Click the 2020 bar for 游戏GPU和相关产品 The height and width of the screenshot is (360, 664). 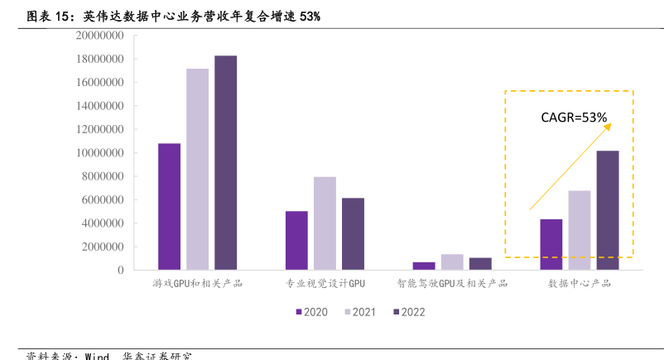click(169, 206)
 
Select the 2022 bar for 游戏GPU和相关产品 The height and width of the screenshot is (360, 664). click(225, 162)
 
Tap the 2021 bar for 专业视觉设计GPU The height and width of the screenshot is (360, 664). click(325, 223)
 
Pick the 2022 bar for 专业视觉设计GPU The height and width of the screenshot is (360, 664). click(353, 233)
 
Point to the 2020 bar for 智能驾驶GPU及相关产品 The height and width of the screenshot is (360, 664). click(424, 266)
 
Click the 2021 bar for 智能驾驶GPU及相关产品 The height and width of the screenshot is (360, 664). click(452, 262)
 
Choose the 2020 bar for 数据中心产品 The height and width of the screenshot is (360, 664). click(551, 244)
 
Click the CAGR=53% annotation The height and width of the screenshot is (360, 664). click(574, 118)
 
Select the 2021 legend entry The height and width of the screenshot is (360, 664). click(359, 312)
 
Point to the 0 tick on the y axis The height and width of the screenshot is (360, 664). click(120, 270)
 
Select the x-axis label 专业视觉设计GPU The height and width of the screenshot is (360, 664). click(325, 284)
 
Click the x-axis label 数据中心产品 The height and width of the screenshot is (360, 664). click(580, 284)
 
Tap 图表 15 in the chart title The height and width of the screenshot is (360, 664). click(46, 15)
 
